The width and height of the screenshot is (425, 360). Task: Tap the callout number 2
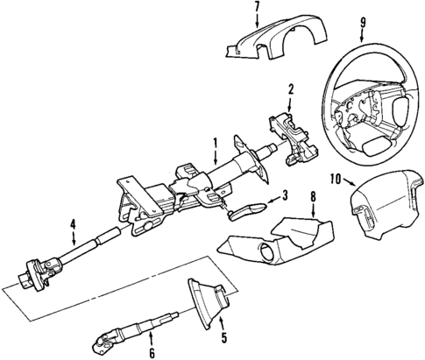tap(290, 88)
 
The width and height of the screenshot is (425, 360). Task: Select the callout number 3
tap(285, 195)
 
